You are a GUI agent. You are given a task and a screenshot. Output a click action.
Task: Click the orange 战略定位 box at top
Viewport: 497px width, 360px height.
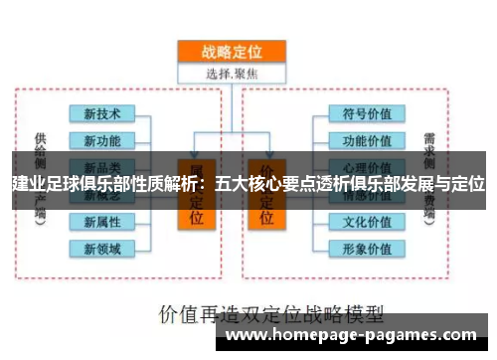[x=231, y=52]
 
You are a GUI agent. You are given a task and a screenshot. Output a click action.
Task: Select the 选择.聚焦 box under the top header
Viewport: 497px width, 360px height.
[x=231, y=73]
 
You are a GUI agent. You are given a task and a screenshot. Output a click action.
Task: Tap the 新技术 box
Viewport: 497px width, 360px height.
[x=101, y=113]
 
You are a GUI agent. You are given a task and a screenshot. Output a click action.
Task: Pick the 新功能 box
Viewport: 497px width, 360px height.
[x=101, y=139]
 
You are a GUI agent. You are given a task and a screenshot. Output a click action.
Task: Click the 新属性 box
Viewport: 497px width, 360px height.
[x=101, y=221]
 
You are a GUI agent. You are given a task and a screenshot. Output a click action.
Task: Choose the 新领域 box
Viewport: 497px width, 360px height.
[x=101, y=248]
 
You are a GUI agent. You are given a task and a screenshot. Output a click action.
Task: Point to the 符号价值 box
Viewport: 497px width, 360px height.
[x=365, y=113]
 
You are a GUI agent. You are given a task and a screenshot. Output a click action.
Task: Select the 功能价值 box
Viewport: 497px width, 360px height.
[x=365, y=139]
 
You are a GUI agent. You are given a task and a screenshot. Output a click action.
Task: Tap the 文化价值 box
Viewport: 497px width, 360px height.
[x=365, y=221]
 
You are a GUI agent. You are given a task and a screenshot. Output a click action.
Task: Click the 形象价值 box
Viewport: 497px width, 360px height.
[x=365, y=248]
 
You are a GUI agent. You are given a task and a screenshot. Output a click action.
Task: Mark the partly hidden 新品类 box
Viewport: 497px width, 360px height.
[x=101, y=164]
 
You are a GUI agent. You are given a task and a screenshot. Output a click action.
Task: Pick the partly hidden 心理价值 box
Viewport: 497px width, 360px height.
[x=365, y=164]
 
